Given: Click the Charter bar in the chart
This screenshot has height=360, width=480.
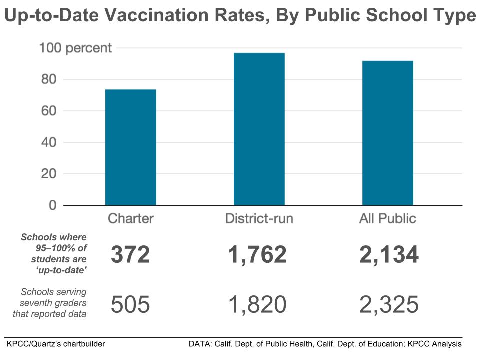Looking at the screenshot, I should coord(130,147).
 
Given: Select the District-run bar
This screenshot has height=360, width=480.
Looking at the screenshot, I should coord(259,129).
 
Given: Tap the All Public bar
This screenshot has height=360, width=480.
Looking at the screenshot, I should coord(388,133).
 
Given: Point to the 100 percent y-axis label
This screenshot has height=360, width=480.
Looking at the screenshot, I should coord(75,48).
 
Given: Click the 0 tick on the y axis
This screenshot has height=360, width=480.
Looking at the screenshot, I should coord(52,206).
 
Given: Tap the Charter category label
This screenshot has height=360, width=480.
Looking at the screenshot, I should coord(131,219).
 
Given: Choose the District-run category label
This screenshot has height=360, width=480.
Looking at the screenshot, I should coord(259,219).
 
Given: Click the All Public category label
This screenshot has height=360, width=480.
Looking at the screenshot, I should coord(388,219).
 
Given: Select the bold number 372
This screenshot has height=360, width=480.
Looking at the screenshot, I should coord(130,255).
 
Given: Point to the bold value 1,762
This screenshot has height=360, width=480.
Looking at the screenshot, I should coord(257,255).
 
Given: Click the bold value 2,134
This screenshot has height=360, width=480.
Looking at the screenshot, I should coord(388,255).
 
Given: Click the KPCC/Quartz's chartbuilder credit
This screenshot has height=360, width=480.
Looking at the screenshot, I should coord(56,344).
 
